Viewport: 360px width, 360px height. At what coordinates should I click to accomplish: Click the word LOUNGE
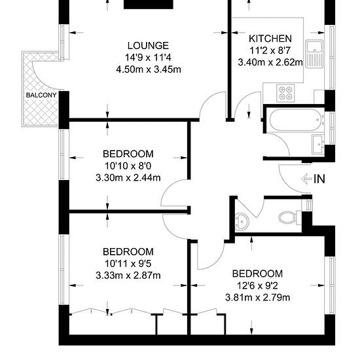148,46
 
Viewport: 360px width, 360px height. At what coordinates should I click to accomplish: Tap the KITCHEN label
270,39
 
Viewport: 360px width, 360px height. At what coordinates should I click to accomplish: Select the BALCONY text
41,95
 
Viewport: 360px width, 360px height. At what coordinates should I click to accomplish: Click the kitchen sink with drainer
314,54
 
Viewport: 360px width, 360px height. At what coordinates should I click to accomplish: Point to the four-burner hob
285,93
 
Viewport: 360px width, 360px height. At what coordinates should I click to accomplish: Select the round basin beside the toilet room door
242,221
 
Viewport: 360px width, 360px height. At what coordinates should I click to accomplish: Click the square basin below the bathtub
318,145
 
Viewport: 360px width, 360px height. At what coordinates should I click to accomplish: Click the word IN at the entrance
319,179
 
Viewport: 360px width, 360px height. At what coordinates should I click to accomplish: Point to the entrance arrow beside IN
306,179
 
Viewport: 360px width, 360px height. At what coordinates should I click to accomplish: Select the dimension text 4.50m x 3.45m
149,69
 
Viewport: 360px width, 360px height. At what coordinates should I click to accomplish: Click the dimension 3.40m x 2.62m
270,62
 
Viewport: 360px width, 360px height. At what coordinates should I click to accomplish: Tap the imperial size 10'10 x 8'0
128,166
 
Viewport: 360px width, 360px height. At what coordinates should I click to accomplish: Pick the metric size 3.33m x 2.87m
128,276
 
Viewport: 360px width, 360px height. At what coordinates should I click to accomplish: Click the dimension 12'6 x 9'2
257,286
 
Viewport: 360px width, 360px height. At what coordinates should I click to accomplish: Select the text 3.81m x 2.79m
258,298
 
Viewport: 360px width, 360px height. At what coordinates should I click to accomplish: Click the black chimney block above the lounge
149,5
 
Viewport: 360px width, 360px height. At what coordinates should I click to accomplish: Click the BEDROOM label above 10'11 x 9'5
128,252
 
